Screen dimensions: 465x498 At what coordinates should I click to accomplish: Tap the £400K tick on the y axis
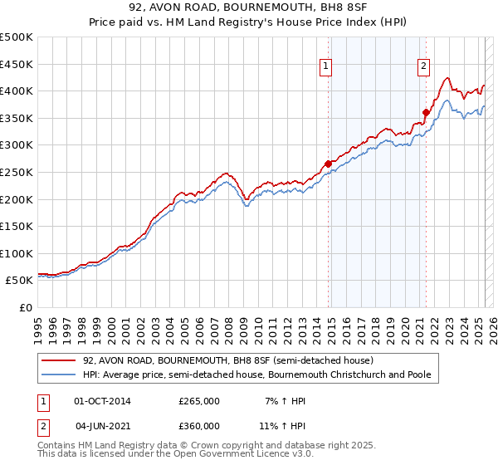pos(17,91)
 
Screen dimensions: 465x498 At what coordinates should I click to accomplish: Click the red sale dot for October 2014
pos(329,164)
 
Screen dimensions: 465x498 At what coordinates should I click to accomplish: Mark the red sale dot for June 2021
pos(426,112)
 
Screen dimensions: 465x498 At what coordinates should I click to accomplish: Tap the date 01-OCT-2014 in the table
pos(102,401)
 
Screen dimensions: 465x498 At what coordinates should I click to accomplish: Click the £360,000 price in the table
pos(199,426)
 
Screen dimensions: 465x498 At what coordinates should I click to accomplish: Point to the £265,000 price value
pos(199,401)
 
